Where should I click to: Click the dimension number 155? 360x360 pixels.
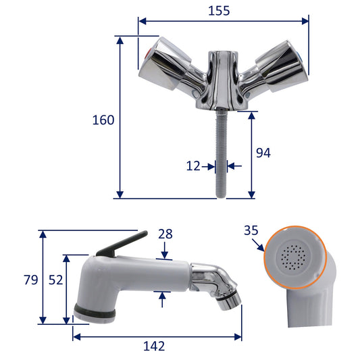click(219, 11)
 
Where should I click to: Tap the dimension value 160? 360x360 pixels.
click(103, 120)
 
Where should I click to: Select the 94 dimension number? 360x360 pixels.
click(263, 153)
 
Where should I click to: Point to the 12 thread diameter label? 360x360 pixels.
click(193, 165)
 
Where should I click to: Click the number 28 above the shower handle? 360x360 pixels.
click(165, 234)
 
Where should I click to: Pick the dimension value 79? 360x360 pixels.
click(31, 280)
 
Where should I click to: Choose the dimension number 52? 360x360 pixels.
click(55, 280)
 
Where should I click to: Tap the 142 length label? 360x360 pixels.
click(154, 346)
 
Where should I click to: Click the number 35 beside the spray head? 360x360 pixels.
click(251, 230)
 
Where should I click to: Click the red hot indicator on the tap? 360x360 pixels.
click(149, 55)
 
